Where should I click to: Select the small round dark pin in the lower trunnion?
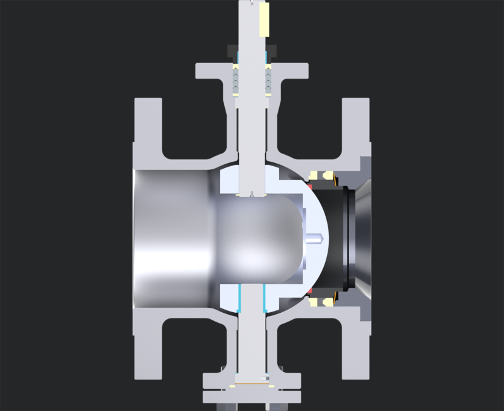coord(268,378)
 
